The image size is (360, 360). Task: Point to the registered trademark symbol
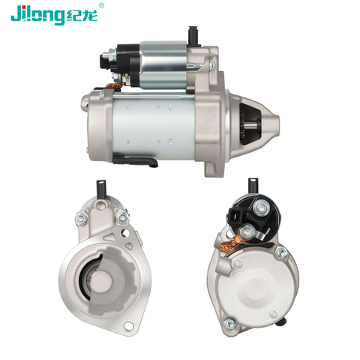(x=101, y=5)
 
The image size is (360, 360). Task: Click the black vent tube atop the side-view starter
(x=193, y=35)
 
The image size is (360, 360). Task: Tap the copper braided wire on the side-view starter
(x=114, y=85)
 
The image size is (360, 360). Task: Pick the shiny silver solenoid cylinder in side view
(x=163, y=65)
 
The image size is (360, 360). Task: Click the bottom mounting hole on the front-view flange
(x=128, y=325)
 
